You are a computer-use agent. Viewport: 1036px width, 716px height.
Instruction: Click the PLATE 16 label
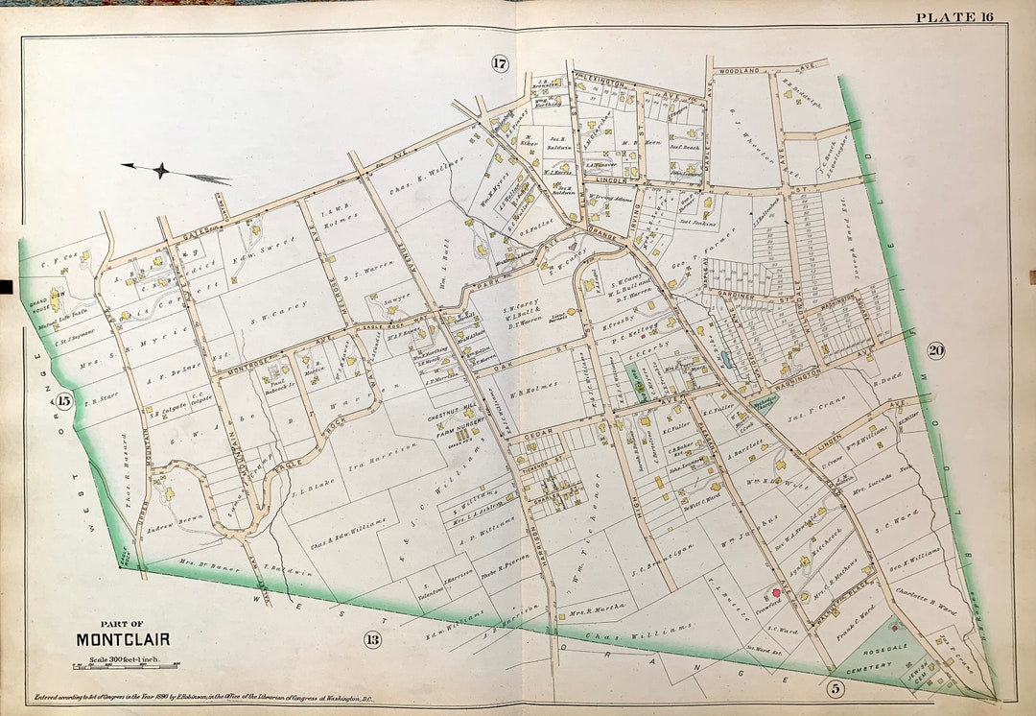[x=954, y=17]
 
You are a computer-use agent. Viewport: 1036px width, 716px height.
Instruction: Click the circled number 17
[x=499, y=64]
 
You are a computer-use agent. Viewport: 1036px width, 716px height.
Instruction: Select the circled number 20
[x=935, y=350]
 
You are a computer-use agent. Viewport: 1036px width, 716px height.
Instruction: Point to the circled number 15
[x=64, y=400]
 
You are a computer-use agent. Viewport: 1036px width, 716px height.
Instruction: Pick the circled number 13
[x=373, y=639]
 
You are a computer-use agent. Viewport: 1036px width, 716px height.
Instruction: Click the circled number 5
[x=836, y=686]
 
